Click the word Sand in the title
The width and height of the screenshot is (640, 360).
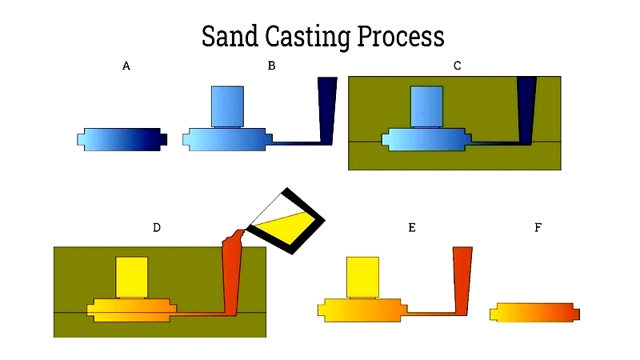[230, 36]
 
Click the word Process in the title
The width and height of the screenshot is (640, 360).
[401, 36]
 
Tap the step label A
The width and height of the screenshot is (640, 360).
[126, 66]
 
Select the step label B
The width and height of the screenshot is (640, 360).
[271, 66]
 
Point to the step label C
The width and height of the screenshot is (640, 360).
[457, 66]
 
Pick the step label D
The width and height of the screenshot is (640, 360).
[157, 227]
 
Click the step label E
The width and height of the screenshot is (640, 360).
[412, 227]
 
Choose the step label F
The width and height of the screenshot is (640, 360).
[538, 227]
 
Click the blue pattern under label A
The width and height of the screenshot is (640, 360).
[122, 139]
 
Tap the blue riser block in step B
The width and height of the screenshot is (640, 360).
[227, 106]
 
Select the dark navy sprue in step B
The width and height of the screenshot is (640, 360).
[327, 110]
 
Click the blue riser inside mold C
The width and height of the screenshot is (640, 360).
[426, 106]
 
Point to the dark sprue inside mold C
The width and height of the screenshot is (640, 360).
[526, 110]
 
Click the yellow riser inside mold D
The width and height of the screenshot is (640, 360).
[132, 277]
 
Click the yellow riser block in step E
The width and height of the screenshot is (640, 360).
[363, 277]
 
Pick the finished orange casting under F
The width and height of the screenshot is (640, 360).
[534, 313]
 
